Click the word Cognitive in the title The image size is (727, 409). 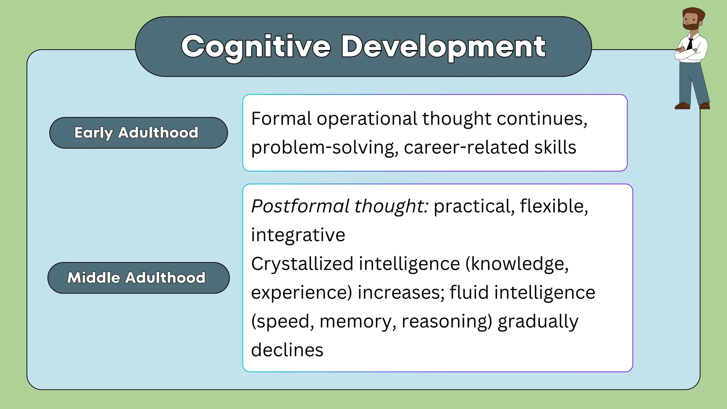coord(256,47)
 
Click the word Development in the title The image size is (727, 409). coord(443,47)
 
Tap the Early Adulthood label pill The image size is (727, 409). coord(138,133)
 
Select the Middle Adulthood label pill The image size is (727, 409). coord(138,278)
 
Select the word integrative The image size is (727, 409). coord(298,235)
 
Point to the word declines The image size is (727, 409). coord(287,350)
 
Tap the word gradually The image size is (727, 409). coord(537,321)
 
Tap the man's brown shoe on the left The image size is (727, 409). coord(682,105)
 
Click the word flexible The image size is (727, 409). coord(554,206)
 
